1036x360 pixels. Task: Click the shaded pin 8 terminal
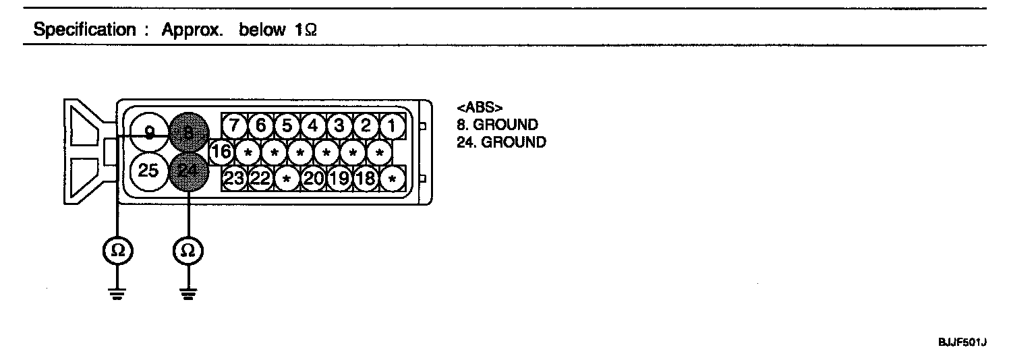[188, 132]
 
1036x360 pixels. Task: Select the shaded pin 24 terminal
[188, 171]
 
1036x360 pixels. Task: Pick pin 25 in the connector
[148, 171]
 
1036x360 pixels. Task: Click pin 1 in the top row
[391, 126]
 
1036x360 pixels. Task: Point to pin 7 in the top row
[234, 126]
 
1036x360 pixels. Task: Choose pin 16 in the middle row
[221, 152]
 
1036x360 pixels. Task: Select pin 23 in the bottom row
[234, 179]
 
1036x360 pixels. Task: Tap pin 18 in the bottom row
[366, 179]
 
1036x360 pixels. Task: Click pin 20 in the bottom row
[313, 179]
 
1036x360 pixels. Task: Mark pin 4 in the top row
[313, 126]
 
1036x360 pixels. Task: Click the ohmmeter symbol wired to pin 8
[117, 251]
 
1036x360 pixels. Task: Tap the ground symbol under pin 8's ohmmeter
[117, 293]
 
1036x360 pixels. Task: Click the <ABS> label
[480, 108]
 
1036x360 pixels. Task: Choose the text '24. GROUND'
[501, 142]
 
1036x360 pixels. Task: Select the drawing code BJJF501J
[962, 343]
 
